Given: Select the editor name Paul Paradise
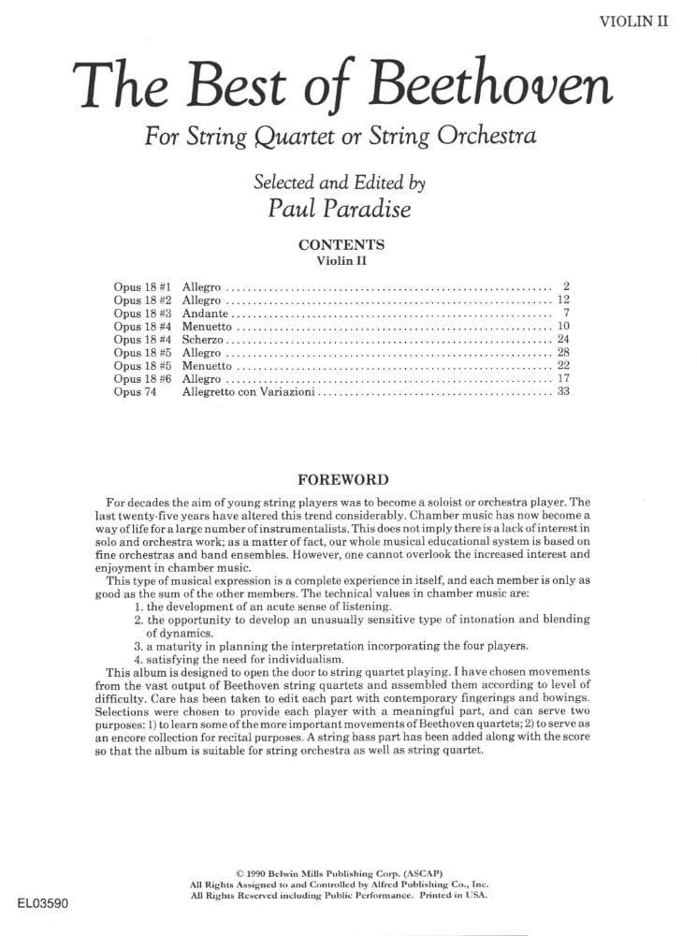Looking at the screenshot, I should pyautogui.click(x=341, y=208).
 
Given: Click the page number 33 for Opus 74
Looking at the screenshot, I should pyautogui.click(x=563, y=392).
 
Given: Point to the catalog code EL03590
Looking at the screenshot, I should pyautogui.click(x=43, y=904).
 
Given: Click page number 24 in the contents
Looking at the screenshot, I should pyautogui.click(x=563, y=340).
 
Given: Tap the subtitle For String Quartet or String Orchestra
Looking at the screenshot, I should pyautogui.click(x=341, y=137).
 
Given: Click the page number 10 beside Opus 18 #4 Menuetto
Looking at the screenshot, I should pyautogui.click(x=563, y=327).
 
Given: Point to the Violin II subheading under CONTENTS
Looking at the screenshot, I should pyautogui.click(x=340, y=260).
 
